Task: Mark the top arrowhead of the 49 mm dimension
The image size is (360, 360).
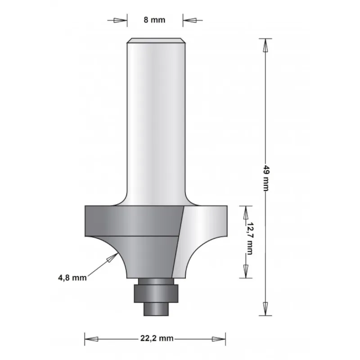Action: point(265,45)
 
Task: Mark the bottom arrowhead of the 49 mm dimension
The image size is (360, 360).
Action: point(265,308)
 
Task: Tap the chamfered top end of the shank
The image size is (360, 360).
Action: point(156,41)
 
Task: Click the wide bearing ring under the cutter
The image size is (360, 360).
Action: point(156,292)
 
